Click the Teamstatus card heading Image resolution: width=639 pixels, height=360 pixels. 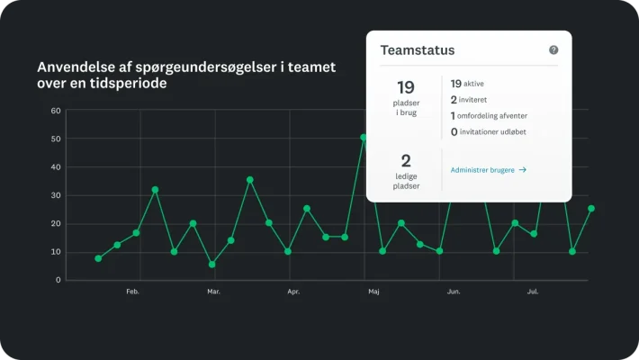coord(418,50)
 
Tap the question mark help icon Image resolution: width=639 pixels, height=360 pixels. coord(553,50)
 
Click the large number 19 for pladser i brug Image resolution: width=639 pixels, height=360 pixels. coord(405,87)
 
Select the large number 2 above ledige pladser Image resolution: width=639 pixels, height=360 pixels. coord(405,161)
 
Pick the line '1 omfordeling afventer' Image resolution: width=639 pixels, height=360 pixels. coord(489,115)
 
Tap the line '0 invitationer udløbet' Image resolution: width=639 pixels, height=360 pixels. coord(494,131)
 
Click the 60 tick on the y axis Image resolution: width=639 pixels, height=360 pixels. coord(56,111)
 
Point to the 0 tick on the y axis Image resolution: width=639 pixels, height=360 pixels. coord(58,280)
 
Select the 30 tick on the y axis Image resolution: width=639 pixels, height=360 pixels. coord(56,195)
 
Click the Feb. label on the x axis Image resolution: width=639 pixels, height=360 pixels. coord(132,292)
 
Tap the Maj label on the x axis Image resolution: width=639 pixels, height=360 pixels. coord(373,292)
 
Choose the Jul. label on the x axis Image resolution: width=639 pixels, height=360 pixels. coord(533,292)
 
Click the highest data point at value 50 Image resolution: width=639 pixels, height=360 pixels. coord(364,138)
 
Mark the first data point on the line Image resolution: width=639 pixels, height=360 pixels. coord(98,258)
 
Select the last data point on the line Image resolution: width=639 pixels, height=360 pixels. coord(591,208)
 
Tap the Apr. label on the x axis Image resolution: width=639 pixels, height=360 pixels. coord(293,292)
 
